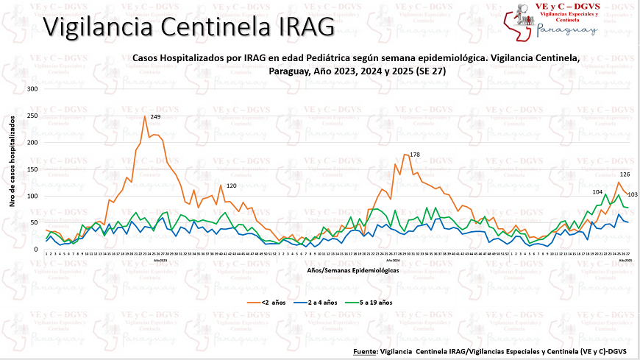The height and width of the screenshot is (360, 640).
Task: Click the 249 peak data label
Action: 155,117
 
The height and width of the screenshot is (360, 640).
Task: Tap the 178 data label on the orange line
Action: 414,155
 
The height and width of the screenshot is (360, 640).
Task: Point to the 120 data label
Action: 230,186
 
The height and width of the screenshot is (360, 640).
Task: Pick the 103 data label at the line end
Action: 632,194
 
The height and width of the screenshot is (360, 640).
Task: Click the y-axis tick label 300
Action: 32,88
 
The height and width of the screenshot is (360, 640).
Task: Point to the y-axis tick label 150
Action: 32,169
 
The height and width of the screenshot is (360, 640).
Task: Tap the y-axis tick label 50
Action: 33,222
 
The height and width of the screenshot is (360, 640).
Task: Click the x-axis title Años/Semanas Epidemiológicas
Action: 344,271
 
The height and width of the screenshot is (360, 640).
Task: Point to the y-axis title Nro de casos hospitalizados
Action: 13,169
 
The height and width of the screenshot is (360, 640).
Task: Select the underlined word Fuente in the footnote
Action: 366,350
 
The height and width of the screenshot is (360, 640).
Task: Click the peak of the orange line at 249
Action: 144,116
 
